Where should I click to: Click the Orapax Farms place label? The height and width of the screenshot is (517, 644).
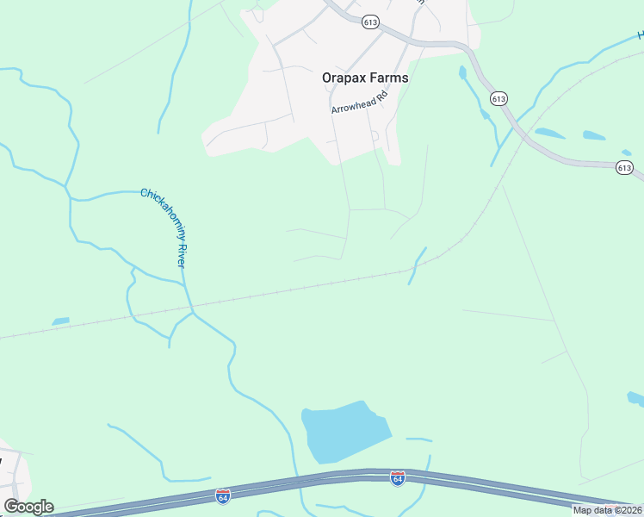[x=365, y=78]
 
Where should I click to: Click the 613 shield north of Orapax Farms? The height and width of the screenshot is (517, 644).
[x=371, y=22]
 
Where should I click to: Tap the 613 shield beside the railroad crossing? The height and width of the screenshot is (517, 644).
[x=498, y=99]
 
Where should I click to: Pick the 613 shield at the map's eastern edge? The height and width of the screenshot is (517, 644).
[x=625, y=167]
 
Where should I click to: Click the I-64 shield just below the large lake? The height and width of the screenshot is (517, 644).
[x=397, y=477]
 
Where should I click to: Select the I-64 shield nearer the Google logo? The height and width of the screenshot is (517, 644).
[x=223, y=496]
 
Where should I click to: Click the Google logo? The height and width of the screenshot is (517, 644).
[x=28, y=507]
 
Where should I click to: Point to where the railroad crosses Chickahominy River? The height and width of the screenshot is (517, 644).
[x=191, y=307]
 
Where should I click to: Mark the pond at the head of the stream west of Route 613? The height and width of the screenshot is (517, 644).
[x=462, y=72]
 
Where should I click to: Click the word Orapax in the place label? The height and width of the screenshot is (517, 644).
[x=343, y=78]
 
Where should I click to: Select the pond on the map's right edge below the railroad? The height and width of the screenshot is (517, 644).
[x=635, y=398]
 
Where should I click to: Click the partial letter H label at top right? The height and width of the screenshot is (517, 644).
[x=640, y=35]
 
